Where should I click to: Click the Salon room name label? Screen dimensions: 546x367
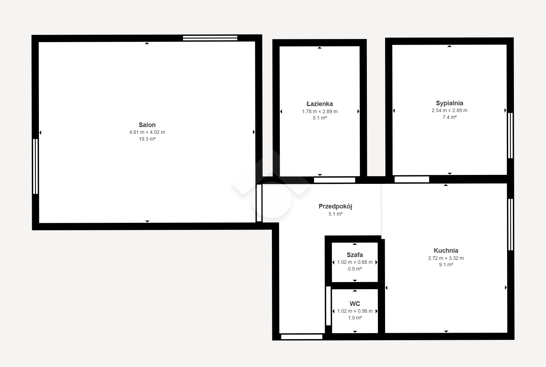pos(147,125)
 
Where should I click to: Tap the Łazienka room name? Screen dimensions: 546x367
pos(319,104)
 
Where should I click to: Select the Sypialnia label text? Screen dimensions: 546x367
pos(450,103)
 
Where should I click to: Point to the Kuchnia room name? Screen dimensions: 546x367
pos(446,250)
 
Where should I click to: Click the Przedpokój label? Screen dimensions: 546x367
pos(335,206)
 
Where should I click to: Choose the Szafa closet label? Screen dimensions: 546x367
pos(355,255)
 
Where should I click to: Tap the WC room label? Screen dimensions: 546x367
pos(355,303)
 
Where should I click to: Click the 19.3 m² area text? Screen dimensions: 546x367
pos(147,139)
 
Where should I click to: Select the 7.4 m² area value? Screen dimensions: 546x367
pos(450,117)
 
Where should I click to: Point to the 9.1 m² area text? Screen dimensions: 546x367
pos(446,265)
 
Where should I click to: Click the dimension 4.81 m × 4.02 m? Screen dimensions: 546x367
pos(147,132)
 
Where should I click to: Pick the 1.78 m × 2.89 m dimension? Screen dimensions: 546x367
pos(319,111)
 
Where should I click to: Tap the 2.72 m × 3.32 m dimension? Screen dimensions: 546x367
pos(446,258)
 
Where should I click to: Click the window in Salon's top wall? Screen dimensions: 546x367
pos(210,38)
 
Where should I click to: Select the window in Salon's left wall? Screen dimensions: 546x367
pos(35,166)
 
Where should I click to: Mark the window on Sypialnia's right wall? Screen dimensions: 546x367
pos(510,135)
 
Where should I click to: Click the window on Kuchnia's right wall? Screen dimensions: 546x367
pos(510,225)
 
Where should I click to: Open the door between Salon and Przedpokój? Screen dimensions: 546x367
pos(259,203)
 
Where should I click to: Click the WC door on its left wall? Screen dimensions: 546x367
pos(328,306)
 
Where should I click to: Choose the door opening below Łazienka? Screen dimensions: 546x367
pos(334,180)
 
